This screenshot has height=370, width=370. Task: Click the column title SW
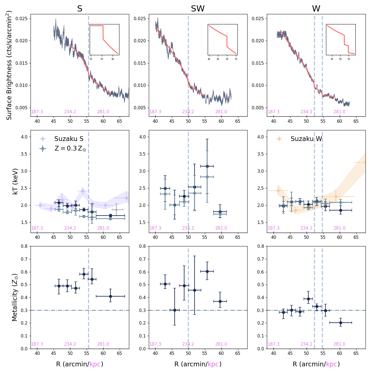coord(198,9)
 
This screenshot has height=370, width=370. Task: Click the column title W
coord(316,9)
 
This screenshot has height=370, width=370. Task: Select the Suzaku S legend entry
coord(69,139)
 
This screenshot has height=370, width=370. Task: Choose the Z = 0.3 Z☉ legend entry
coord(70,149)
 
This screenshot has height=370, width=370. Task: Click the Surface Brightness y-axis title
coord(9,65)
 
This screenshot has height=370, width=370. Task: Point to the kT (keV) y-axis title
coord(15,181)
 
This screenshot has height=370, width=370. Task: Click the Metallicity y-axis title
coord(15,297)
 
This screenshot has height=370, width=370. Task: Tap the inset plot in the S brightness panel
coord(105,40)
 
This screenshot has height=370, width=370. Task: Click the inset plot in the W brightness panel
coord(341,40)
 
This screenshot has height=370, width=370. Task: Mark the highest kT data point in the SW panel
coord(207,166)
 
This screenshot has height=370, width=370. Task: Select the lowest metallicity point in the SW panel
coord(175,310)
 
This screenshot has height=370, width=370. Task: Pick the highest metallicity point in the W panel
coord(308,299)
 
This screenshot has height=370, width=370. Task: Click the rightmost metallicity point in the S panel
coord(110,296)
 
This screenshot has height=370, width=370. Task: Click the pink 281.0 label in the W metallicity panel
coord(339,344)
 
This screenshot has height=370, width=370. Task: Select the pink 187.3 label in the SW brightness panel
coord(155,112)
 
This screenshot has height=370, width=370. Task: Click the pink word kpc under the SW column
coord(213,364)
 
